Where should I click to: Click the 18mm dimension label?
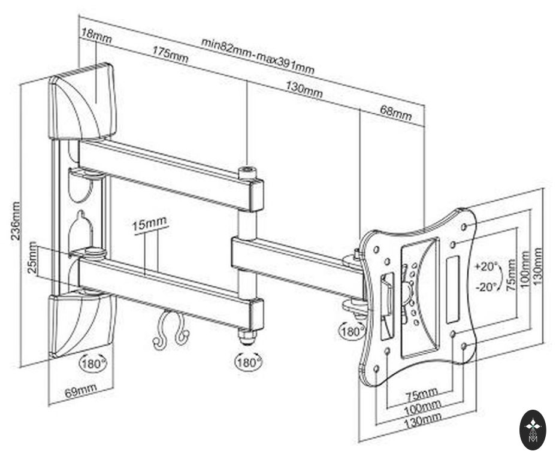96,36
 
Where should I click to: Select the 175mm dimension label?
170,57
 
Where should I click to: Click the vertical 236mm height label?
16,222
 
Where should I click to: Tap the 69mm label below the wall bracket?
80,392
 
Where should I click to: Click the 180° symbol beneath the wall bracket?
93,362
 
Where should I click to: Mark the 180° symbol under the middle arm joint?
247,362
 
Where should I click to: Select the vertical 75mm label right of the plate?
511,274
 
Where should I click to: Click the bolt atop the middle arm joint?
247,171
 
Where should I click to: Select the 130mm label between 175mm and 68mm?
304,90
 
